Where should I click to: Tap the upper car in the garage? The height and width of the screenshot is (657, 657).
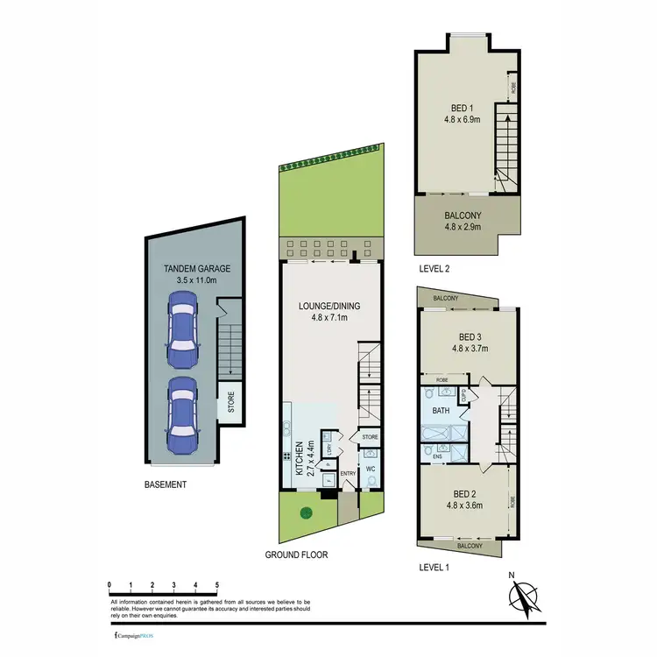coord(183,330)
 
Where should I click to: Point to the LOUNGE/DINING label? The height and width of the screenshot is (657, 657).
coord(328,306)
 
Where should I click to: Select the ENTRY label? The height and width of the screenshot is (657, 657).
coord(349,474)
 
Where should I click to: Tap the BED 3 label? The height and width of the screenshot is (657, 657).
coord(470,336)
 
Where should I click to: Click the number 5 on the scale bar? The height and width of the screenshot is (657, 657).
coord(216,583)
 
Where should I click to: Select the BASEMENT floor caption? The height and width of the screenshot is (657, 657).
coord(166,484)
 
